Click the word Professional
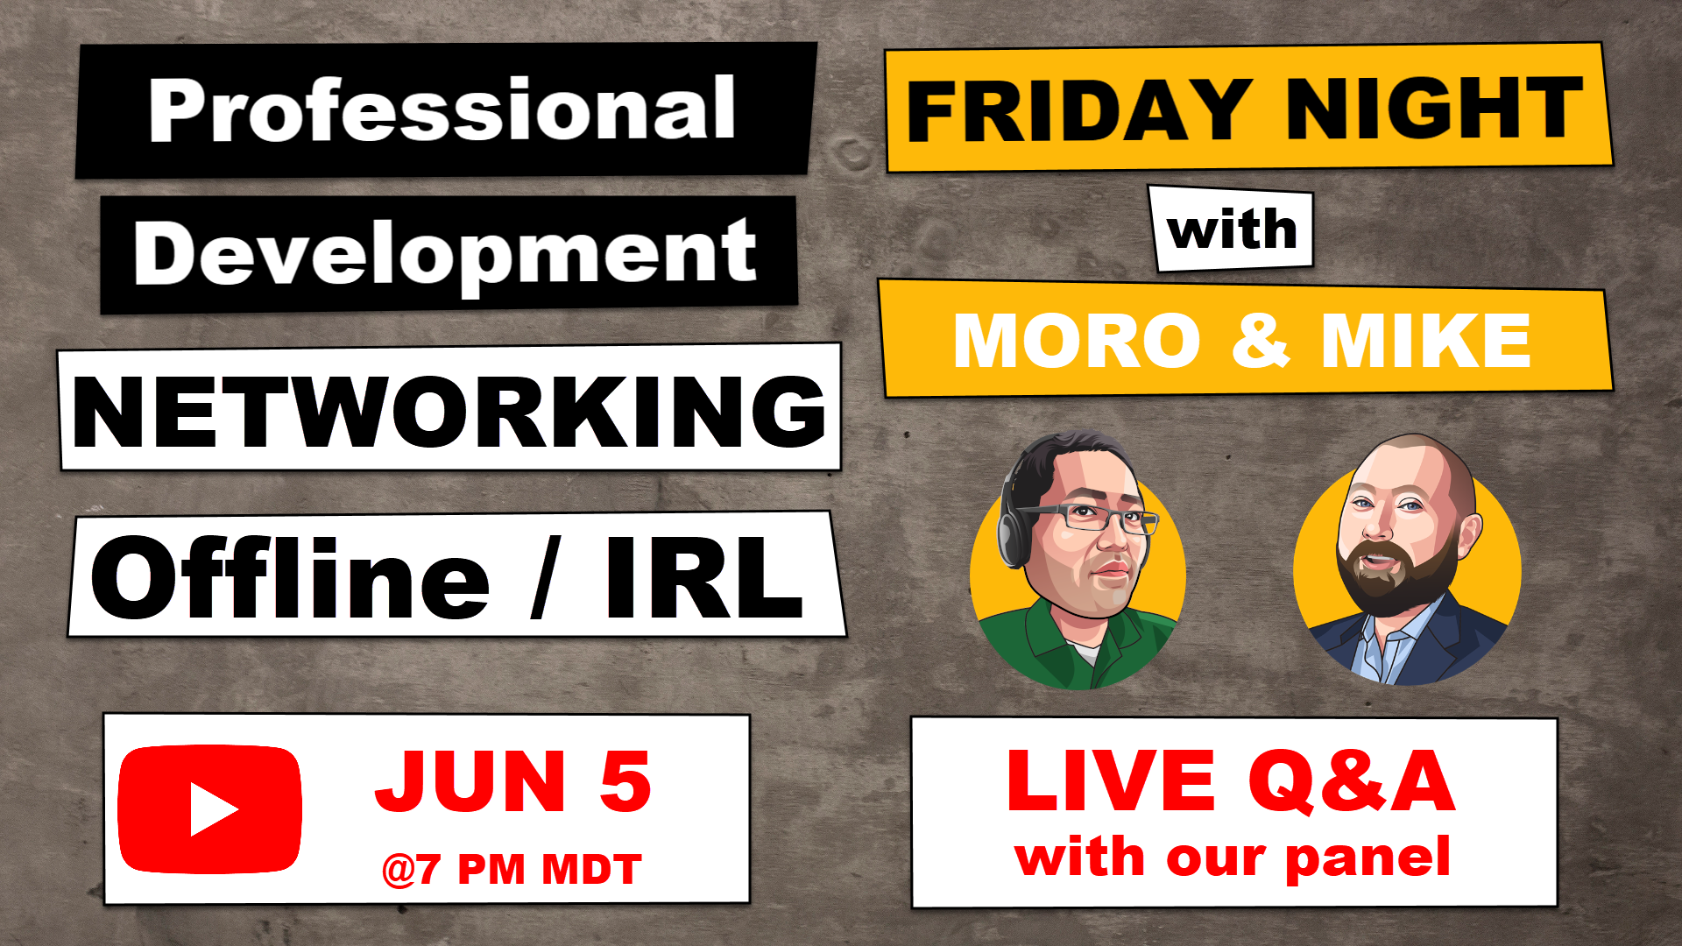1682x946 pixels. (x=442, y=109)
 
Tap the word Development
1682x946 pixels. (x=445, y=254)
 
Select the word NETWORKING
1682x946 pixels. (x=449, y=412)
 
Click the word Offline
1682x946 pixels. (x=290, y=575)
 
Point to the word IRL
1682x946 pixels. (x=703, y=575)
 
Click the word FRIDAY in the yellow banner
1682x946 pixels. (x=1079, y=109)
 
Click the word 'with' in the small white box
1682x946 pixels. (x=1232, y=229)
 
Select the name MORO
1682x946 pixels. (x=1077, y=342)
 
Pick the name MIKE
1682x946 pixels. (x=1425, y=342)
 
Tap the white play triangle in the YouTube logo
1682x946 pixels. (x=213, y=809)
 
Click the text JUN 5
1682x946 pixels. (x=513, y=781)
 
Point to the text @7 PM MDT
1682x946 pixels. (x=512, y=870)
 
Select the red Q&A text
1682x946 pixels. (x=1352, y=781)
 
